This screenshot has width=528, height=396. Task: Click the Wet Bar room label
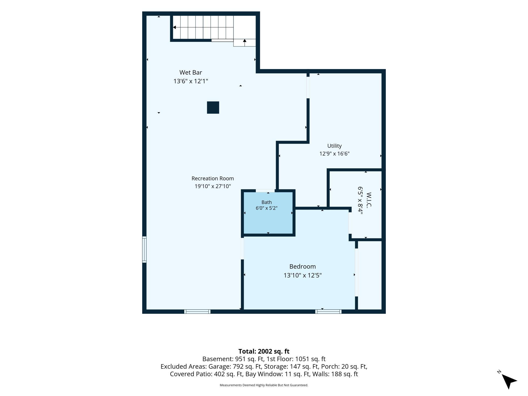click(x=191, y=72)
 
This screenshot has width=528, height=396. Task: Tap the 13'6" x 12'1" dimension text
click(x=191, y=81)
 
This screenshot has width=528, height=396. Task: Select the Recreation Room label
click(x=213, y=178)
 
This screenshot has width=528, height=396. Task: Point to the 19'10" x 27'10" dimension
click(x=213, y=186)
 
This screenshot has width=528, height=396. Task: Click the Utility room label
click(x=334, y=146)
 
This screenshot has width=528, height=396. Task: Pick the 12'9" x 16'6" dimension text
click(x=334, y=154)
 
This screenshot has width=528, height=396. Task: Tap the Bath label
click(x=267, y=202)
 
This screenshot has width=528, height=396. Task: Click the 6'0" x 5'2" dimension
click(x=267, y=208)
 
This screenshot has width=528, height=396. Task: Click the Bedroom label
click(x=303, y=267)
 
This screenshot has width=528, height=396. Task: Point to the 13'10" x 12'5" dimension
click(x=303, y=275)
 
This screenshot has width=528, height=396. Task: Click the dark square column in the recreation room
click(x=213, y=108)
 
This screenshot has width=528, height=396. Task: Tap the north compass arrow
click(x=509, y=381)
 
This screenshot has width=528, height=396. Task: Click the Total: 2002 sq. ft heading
click(x=264, y=351)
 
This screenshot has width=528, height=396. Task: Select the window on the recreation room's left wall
click(x=144, y=249)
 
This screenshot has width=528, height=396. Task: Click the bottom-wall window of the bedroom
click(x=328, y=311)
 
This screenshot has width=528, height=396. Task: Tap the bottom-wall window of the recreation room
click(x=197, y=311)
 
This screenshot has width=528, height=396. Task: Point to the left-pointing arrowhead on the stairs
click(x=174, y=27)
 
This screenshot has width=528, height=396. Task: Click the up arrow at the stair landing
click(x=245, y=43)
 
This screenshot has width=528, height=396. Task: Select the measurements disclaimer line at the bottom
click(x=264, y=385)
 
